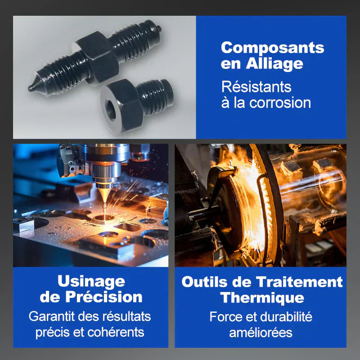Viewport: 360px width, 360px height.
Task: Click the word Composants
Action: [273, 48]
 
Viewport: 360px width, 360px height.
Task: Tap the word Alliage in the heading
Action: [274, 63]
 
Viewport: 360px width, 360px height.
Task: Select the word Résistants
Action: [256, 87]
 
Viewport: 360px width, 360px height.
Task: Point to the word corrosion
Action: [280, 103]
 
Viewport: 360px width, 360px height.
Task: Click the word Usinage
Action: [91, 282]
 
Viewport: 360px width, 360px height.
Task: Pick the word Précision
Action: [104, 297]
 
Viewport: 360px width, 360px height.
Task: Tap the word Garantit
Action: [52, 316]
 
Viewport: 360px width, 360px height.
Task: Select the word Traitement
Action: [299, 282]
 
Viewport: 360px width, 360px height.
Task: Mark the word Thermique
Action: [262, 298]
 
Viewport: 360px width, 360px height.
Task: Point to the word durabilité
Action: [286, 317]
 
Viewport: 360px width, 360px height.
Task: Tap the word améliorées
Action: [261, 333]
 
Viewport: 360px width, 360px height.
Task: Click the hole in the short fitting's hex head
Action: [111, 110]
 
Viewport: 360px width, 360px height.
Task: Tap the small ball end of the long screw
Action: [159, 29]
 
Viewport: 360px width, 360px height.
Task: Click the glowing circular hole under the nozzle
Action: [104, 217]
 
